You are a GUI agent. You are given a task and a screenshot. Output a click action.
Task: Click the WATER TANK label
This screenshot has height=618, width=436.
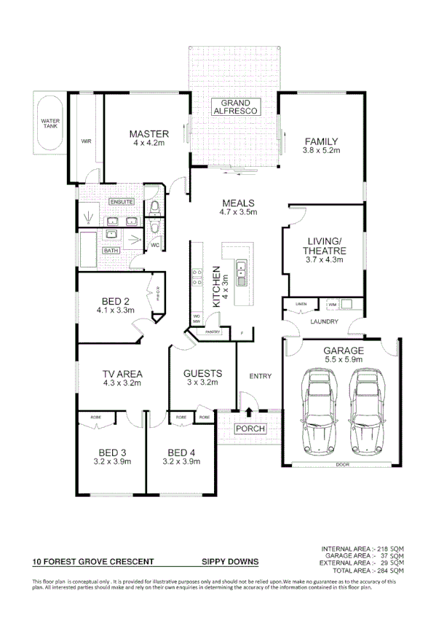pos(50,123)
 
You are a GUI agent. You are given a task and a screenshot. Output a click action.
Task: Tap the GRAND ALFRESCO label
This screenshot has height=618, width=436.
pos(231,107)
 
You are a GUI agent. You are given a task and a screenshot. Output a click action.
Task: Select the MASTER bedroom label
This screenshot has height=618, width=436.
pos(148,134)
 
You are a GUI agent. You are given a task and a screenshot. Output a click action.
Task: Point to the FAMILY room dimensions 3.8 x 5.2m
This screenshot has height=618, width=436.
pos(321,150)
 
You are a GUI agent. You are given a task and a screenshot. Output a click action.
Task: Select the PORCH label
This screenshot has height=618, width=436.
pos(250,429)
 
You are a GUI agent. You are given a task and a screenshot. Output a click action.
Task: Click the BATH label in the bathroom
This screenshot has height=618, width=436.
pos(111,251)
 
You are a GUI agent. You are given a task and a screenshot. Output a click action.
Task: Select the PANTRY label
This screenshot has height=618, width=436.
pos(213,332)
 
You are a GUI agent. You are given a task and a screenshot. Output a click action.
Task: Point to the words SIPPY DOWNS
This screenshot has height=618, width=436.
pos(229,562)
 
